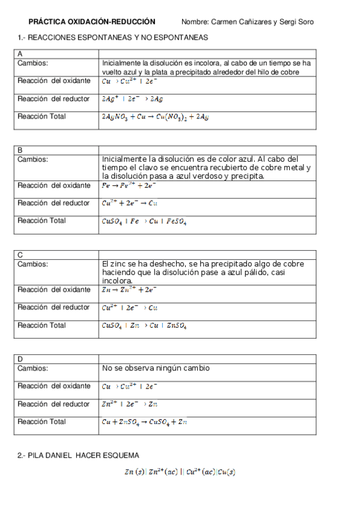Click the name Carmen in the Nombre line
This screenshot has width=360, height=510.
pos(225,22)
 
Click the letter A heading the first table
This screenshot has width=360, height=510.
pos(20,54)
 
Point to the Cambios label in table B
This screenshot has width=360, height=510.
pos(32,159)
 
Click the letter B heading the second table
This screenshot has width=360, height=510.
pos(20,150)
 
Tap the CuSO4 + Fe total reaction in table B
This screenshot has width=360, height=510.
pos(144,222)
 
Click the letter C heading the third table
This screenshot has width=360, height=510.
pos(20,255)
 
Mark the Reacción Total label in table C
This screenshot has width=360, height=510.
pos(41,325)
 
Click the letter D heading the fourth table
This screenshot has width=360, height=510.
pos(20,359)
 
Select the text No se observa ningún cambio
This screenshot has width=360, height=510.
pos(156,368)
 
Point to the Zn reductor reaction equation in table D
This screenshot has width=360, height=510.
pos(129,404)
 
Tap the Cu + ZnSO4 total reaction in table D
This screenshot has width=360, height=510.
pos(144,422)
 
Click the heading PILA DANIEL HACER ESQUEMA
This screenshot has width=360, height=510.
pos(78,455)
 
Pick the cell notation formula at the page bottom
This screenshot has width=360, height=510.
pos(180,473)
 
